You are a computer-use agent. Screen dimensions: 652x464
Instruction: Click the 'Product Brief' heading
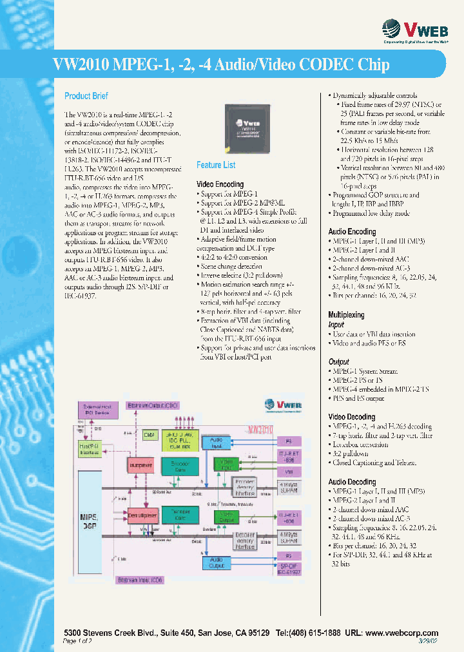pos(86,96)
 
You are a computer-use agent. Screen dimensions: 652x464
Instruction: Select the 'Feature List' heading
pos(216,165)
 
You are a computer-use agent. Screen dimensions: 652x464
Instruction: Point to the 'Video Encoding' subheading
pos(220,184)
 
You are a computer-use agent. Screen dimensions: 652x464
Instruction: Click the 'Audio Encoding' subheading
pos(352,231)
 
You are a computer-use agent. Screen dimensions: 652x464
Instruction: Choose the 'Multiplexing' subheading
pos(346,315)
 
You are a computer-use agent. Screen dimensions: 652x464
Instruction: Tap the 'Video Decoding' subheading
pos(352,417)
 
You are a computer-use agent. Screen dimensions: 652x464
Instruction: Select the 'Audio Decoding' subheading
pos(352,482)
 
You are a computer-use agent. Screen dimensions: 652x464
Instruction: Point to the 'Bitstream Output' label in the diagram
pos(153,405)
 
